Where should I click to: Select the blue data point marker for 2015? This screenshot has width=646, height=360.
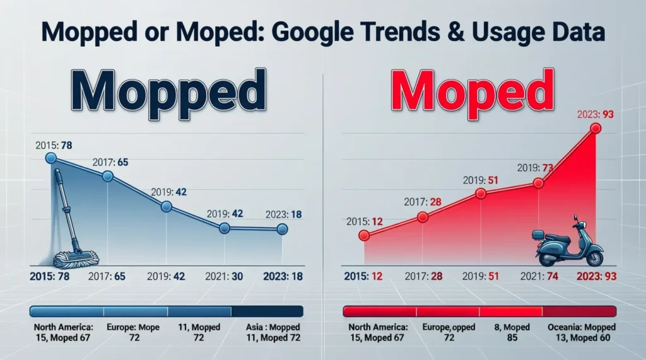click(x=52, y=159)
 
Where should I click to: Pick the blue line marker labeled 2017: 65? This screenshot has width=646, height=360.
click(x=108, y=177)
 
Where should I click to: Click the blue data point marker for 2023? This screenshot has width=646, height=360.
click(x=282, y=229)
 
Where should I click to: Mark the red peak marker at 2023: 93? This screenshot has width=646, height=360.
click(x=594, y=129)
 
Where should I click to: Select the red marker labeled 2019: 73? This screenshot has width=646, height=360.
click(x=538, y=183)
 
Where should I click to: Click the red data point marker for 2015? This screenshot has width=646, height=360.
click(x=363, y=235)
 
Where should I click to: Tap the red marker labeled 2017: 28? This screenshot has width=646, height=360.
click(x=423, y=217)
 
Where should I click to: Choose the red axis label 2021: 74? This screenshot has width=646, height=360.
click(x=536, y=276)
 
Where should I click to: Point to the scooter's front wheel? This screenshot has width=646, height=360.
click(x=594, y=258)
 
